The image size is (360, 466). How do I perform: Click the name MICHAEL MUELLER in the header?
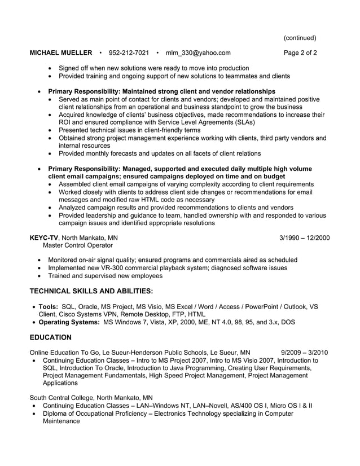click(x=61, y=53)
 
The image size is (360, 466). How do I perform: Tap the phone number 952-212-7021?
click(x=129, y=53)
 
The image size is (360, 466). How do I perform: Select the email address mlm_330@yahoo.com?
click(x=198, y=53)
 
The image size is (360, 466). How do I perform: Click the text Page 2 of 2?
click(x=300, y=53)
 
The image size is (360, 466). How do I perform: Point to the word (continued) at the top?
click(x=300, y=38)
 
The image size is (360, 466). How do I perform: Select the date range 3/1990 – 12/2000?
click(x=305, y=238)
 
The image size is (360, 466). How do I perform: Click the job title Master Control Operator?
click(x=78, y=245)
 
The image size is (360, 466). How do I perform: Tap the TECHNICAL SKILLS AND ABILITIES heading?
click(x=91, y=291)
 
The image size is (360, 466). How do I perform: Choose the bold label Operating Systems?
click(x=69, y=322)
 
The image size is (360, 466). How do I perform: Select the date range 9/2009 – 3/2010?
click(x=304, y=353)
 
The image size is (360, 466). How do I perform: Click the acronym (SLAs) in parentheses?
click(x=241, y=122)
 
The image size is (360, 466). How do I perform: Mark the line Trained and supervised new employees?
click(x=105, y=276)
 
